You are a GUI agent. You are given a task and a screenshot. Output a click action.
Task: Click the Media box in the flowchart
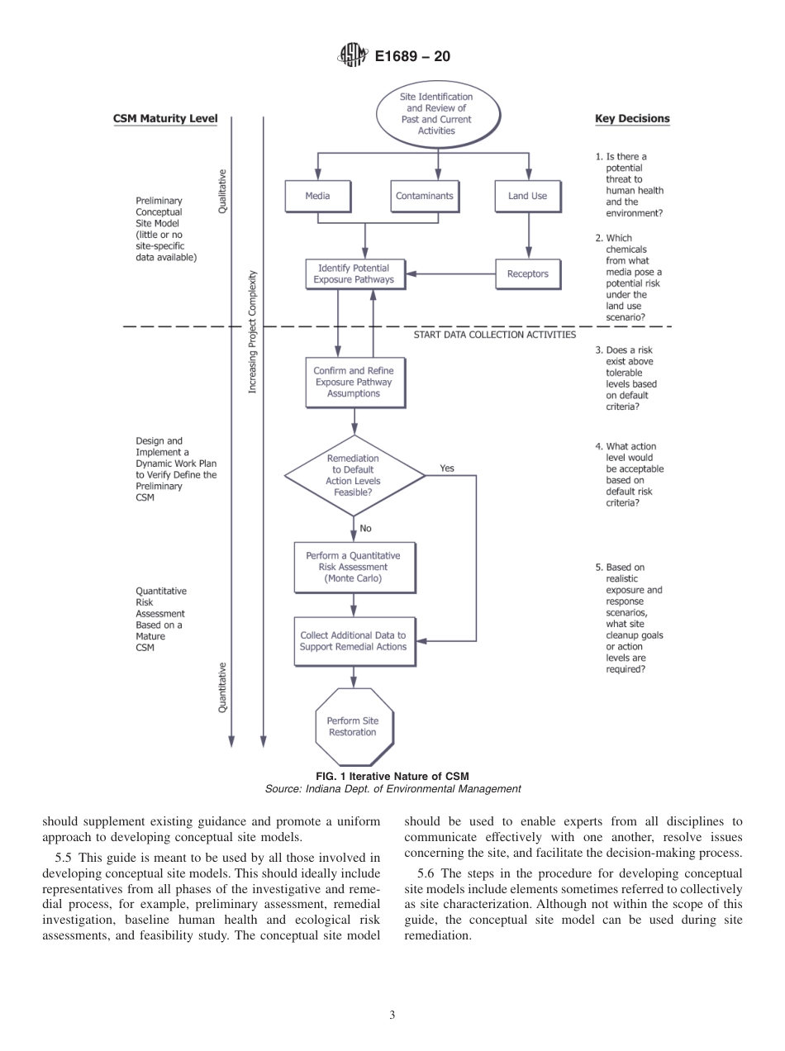[x=317, y=197]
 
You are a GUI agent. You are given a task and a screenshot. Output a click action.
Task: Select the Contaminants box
[x=424, y=197]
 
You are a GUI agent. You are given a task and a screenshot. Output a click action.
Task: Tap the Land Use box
[x=527, y=197]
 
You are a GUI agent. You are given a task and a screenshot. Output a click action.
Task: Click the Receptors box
[x=527, y=274]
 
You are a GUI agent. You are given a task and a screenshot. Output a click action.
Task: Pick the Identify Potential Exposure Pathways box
[x=354, y=274]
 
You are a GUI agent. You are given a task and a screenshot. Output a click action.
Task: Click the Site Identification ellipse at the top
[x=437, y=114]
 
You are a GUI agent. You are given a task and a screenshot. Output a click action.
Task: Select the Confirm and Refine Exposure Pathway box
[x=354, y=383]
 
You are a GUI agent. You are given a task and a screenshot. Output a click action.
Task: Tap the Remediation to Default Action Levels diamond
[x=354, y=475]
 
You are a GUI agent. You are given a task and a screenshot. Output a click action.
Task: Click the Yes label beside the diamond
[x=447, y=468]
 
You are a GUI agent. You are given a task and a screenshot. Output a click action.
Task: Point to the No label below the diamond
[x=366, y=529]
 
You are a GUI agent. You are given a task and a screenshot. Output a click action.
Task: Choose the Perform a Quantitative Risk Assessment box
[x=354, y=568]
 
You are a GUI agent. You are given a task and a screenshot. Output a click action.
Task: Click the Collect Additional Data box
[x=354, y=641]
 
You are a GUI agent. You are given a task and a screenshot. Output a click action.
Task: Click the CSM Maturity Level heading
[x=165, y=119]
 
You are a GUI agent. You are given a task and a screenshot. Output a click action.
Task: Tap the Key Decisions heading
[x=632, y=119]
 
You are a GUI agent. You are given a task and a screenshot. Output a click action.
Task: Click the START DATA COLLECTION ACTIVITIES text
[x=494, y=335]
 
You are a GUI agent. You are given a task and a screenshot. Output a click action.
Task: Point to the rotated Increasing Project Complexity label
[x=254, y=331]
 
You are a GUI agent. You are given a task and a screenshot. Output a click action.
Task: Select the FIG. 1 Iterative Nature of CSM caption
[x=392, y=777]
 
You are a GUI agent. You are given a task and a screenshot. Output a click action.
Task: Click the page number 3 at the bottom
[x=392, y=1015]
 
